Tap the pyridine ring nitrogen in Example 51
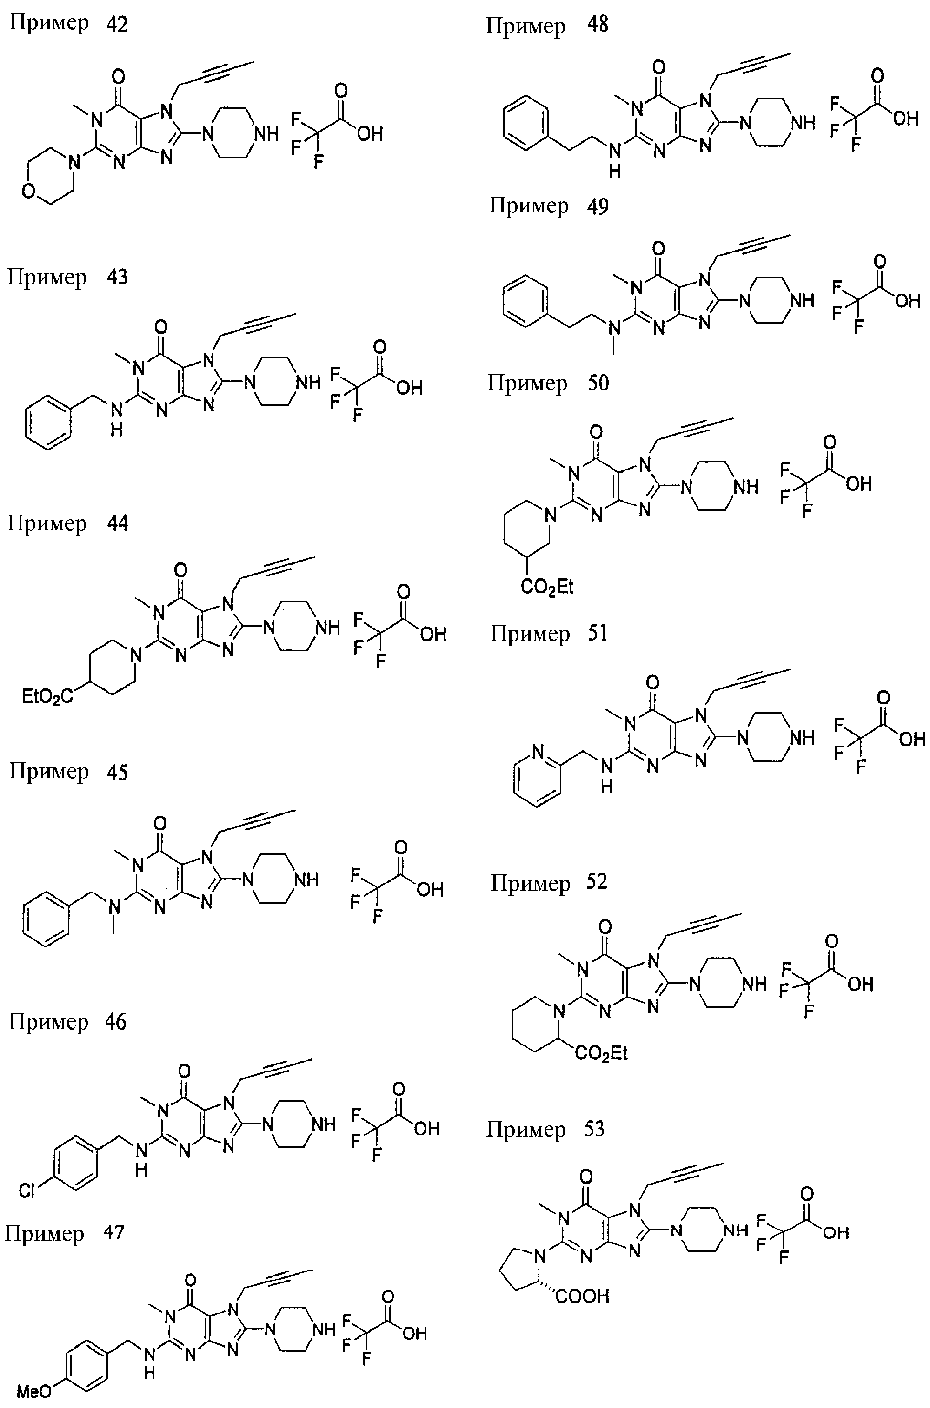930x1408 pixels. point(538,751)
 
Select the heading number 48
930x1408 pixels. point(597,25)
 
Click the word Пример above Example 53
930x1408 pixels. point(526,1129)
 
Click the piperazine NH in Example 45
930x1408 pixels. point(306,879)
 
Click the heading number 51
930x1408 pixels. point(597,633)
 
